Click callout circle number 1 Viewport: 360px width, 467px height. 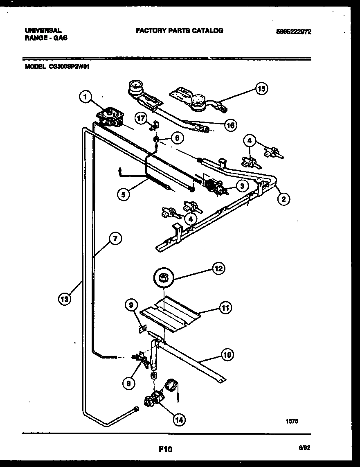pyautogui.click(x=85, y=97)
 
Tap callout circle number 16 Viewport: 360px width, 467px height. pyautogui.click(x=230, y=125)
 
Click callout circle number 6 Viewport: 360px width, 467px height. pyautogui.click(x=177, y=138)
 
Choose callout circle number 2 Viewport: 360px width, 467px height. pyautogui.click(x=283, y=199)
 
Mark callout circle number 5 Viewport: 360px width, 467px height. pyautogui.click(x=123, y=194)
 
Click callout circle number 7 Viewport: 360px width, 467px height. pyautogui.click(x=116, y=239)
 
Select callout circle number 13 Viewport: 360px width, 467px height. pyautogui.click(x=64, y=299)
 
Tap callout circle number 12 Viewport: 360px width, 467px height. pyautogui.click(x=218, y=268)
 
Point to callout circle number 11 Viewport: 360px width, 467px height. pyautogui.click(x=225, y=307)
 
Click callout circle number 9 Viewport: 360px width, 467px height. pyautogui.click(x=130, y=305)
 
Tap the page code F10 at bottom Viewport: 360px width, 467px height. pyautogui.click(x=165, y=449)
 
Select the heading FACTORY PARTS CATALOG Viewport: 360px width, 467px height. pyautogui.click(x=180, y=31)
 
